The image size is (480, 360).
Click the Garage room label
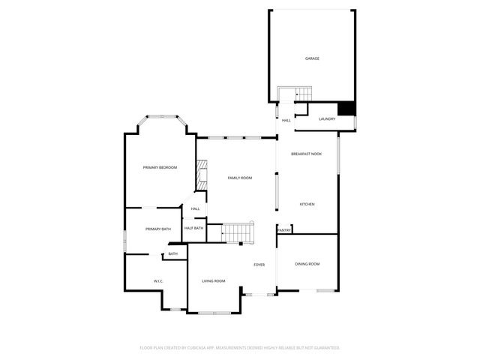tap(311, 58)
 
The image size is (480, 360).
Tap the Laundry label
tap(326, 118)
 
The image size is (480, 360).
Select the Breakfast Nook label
tap(307, 154)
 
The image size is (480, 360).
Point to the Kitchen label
tap(307, 204)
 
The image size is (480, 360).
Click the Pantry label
tap(284, 230)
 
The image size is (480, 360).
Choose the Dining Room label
tap(307, 264)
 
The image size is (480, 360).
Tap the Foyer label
tap(259, 265)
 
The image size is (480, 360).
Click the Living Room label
tap(214, 281)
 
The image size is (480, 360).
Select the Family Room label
tap(240, 178)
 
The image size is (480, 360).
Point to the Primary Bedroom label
tap(160, 167)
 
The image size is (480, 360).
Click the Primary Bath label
tap(158, 229)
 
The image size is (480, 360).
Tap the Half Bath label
tap(193, 228)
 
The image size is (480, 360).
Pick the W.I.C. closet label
tap(158, 281)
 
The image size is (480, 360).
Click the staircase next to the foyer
tap(238, 232)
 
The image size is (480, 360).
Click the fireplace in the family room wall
tap(200, 175)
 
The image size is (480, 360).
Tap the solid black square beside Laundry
tap(346, 109)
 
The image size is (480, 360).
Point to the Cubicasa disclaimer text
tap(240, 348)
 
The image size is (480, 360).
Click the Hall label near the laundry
tap(286, 120)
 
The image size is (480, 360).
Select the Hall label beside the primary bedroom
tap(195, 209)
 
